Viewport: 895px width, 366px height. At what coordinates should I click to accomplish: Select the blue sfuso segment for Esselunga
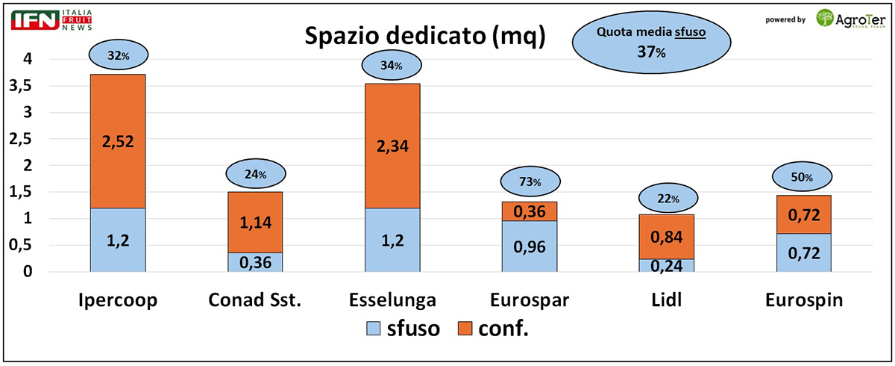coord(392,240)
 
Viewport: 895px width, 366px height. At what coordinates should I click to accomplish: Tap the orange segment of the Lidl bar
coord(667,236)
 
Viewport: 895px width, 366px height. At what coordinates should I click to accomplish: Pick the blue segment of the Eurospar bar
coord(530,246)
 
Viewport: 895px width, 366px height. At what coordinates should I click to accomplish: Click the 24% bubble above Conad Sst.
coord(255,175)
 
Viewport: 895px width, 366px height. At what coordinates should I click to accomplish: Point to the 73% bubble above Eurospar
coord(530,182)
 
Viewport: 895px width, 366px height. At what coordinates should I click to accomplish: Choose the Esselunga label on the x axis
coord(392,300)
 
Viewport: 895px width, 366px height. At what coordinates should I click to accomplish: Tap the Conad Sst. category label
coord(255,300)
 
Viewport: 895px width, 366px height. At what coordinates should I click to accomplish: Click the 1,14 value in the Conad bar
coord(255,222)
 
